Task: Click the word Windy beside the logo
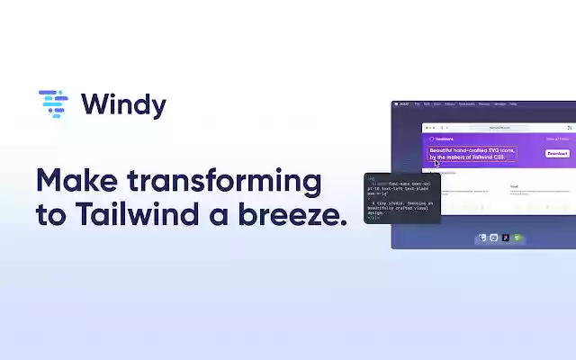[123, 104]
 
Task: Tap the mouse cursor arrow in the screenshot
[436, 163]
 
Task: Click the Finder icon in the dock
[483, 238]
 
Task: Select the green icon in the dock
[517, 238]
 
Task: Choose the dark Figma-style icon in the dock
[506, 238]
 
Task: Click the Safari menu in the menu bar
[405, 104]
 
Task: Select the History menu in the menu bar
[449, 104]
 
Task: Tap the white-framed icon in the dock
[494, 238]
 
